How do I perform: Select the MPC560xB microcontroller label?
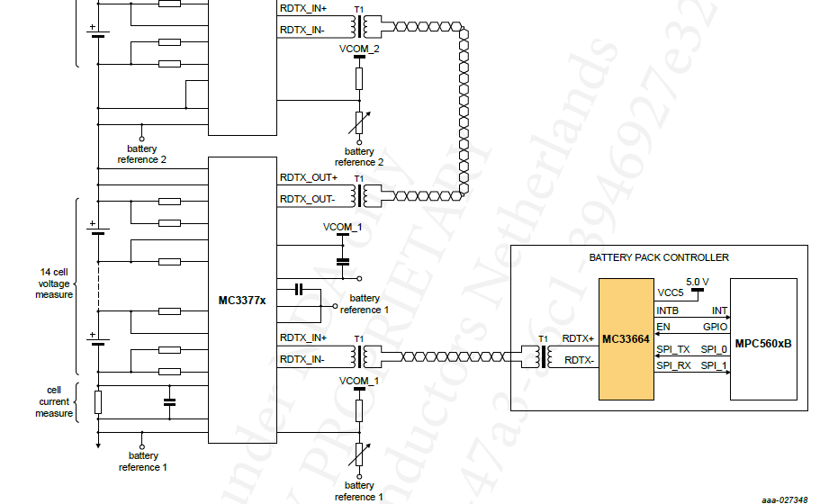763,344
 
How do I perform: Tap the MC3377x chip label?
242,300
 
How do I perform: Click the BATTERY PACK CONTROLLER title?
659,257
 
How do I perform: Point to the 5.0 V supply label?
697,282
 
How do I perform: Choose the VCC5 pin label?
670,293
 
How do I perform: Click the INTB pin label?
667,310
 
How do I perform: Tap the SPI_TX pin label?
672,349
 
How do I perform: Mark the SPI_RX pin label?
673,365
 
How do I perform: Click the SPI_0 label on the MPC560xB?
714,349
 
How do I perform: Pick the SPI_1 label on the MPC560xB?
714,365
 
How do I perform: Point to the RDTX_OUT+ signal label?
308,178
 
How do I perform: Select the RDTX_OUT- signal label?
307,199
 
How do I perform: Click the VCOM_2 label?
359,49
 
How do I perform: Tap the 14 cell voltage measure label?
54,283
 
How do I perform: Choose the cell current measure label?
54,401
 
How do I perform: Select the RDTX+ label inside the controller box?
578,339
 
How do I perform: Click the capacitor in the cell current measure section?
169,401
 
